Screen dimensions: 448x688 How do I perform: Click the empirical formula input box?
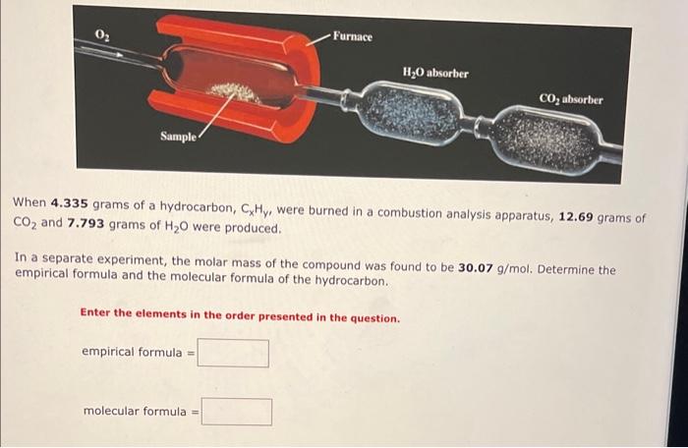click(233, 354)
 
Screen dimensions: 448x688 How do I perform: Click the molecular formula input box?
click(237, 411)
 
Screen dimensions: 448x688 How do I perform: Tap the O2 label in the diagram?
click(102, 36)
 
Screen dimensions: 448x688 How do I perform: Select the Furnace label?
click(353, 36)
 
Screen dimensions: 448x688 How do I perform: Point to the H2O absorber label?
click(435, 73)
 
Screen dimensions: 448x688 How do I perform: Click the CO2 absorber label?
click(571, 99)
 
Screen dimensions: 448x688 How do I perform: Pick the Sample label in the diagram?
click(178, 136)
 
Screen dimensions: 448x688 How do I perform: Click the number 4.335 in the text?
click(69, 203)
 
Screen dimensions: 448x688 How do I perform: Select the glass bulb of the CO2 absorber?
click(544, 140)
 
